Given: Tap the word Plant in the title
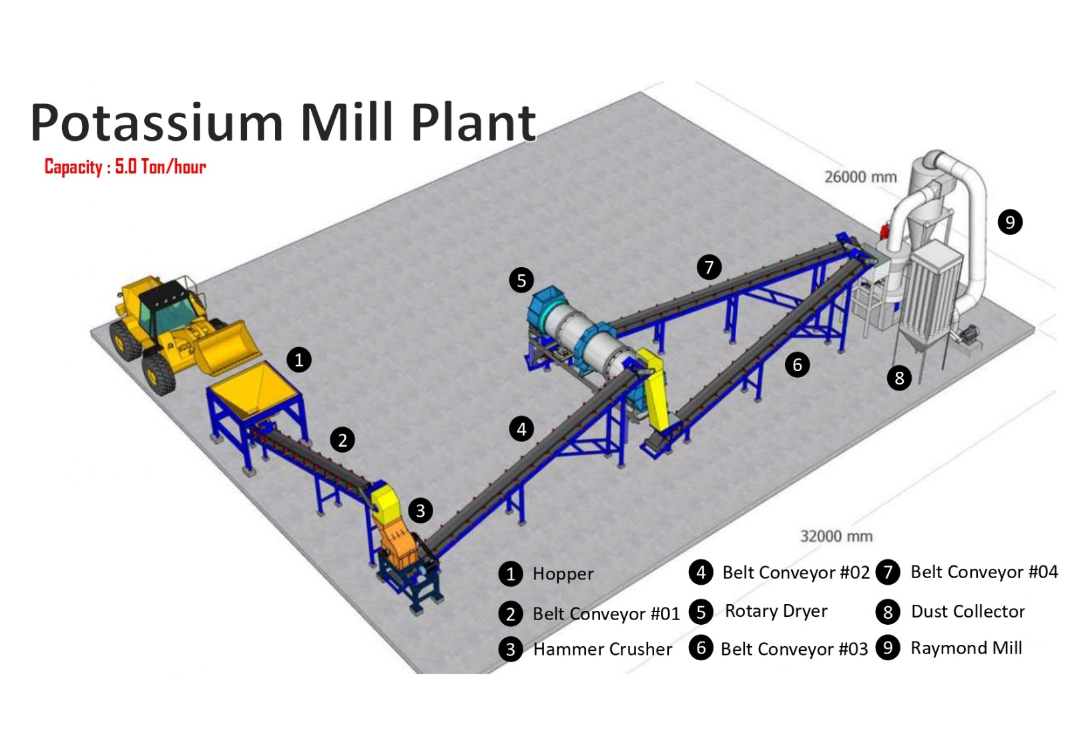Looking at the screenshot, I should point(473,123).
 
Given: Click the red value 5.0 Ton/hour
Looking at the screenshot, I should point(160,167).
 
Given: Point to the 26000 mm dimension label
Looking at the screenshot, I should point(860,177).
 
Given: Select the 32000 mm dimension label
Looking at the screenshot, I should point(836,536).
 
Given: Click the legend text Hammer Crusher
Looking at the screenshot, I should point(602,649).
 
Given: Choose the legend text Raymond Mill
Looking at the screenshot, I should point(966,648).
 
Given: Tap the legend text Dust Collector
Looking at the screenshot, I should point(967,611).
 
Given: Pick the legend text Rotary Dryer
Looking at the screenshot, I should point(776,611).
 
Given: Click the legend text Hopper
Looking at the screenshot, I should point(563,573).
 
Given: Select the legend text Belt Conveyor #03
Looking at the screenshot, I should point(794,649).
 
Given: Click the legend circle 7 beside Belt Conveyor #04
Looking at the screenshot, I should point(888,572).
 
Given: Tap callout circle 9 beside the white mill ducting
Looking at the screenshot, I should point(1009,222).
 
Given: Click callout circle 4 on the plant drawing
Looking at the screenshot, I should point(521,429).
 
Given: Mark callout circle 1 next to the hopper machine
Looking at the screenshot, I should point(298,360).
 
